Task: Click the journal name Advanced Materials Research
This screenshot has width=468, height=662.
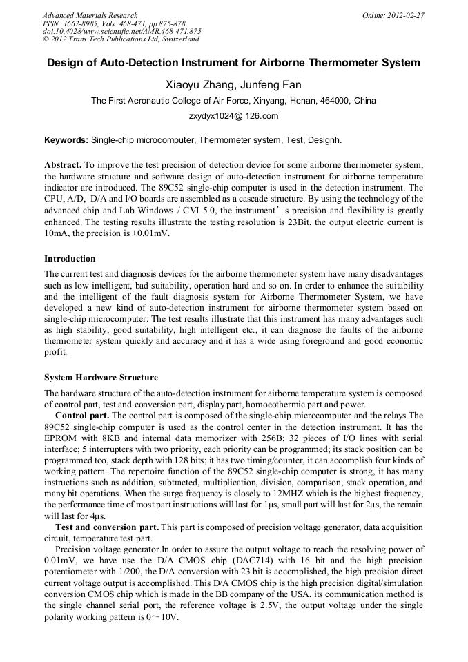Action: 90,15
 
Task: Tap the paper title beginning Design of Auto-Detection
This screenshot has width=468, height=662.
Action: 233,63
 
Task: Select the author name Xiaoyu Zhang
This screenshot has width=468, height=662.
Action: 199,85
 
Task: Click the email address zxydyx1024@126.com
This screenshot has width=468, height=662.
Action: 233,116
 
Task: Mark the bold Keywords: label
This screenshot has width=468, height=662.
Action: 66,140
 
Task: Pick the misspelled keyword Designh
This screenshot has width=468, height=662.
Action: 324,140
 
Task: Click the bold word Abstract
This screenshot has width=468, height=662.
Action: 64,165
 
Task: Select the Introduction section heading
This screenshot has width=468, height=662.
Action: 70,259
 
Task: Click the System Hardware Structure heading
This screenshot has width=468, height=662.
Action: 101,378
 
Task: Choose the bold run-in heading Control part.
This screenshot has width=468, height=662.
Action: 81,415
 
